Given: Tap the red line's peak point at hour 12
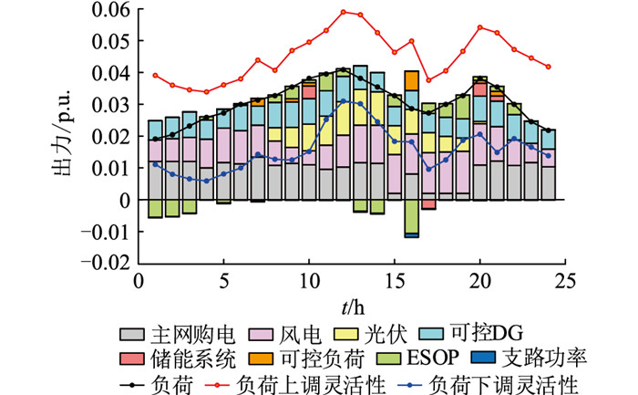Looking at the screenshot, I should point(344,12).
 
